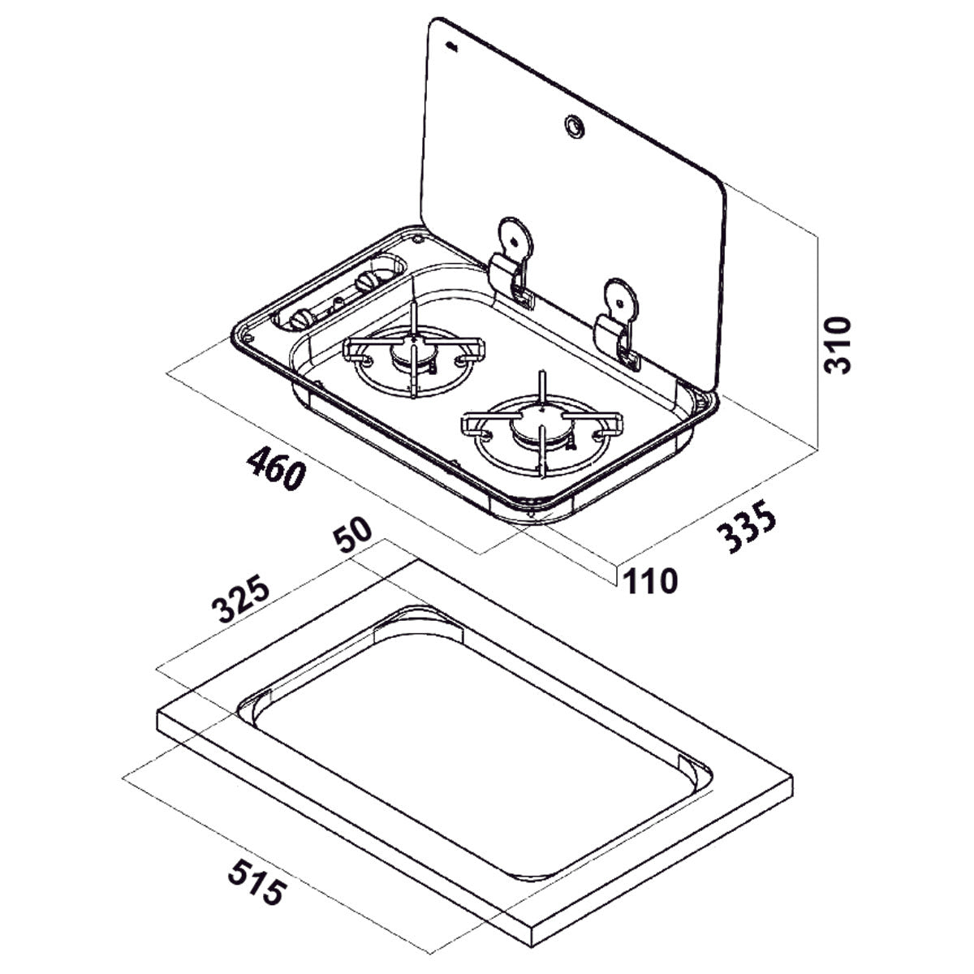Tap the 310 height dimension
click(x=838, y=345)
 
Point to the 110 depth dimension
click(x=650, y=581)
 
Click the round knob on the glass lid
click(x=575, y=126)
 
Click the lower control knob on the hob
click(x=302, y=318)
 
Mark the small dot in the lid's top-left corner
click(x=451, y=47)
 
